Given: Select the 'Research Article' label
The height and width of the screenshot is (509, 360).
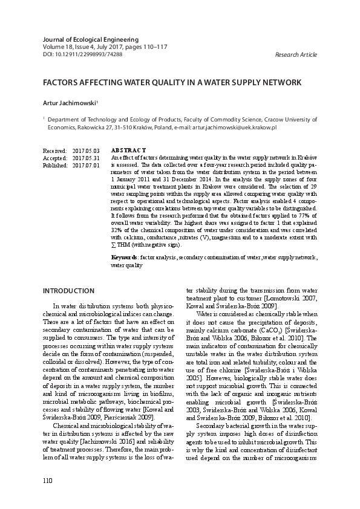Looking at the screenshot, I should point(296,55).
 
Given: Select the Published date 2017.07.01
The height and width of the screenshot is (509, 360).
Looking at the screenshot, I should point(86,165).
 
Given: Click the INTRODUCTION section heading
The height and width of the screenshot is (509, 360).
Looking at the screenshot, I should point(69,291).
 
